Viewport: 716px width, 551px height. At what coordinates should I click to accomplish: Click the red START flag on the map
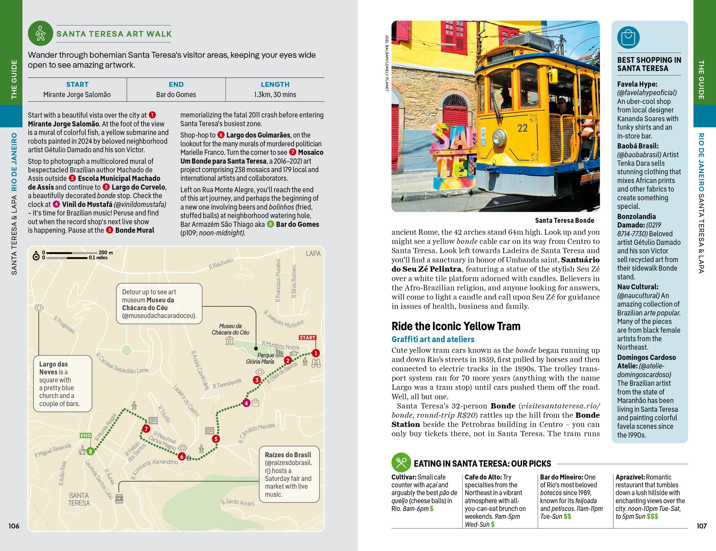point(307,338)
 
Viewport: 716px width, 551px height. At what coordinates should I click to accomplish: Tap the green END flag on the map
point(86,436)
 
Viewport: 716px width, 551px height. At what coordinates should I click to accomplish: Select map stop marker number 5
point(216,439)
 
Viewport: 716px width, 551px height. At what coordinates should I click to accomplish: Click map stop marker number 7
point(146,429)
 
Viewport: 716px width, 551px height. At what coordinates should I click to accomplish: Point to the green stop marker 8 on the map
point(91,451)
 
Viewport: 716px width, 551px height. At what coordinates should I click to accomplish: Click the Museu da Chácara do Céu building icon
point(230,341)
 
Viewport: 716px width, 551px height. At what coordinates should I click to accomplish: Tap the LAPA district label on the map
point(313,253)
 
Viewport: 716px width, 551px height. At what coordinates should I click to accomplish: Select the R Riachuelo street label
point(221,263)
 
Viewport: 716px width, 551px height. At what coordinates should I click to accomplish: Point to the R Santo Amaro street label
point(238,502)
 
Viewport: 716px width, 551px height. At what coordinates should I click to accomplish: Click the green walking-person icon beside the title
point(41,33)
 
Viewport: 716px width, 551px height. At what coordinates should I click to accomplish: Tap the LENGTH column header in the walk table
point(275,84)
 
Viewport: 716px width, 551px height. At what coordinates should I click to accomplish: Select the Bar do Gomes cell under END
point(176,95)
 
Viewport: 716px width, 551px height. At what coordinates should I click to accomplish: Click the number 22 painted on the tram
point(522,128)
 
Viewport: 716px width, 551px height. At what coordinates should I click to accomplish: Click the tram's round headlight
point(499,138)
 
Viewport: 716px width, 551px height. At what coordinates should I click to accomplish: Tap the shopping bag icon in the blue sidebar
point(628,38)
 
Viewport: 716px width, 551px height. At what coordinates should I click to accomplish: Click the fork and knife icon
point(401,463)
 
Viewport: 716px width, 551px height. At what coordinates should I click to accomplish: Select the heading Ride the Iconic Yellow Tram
point(456,326)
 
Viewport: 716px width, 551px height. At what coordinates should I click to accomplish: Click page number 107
point(702,526)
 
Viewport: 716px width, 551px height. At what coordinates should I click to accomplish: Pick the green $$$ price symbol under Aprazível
point(652,516)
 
